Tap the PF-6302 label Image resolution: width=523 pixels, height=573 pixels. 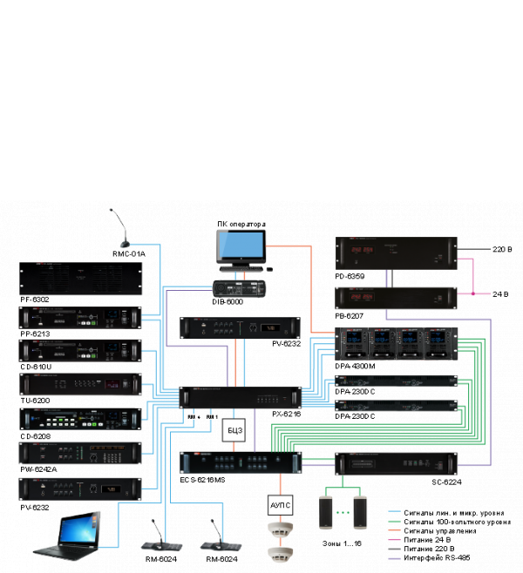click(x=35, y=300)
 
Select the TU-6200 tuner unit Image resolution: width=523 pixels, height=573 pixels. click(x=80, y=384)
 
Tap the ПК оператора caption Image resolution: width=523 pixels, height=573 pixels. click(x=241, y=224)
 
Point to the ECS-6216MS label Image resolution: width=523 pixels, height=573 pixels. click(x=202, y=480)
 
